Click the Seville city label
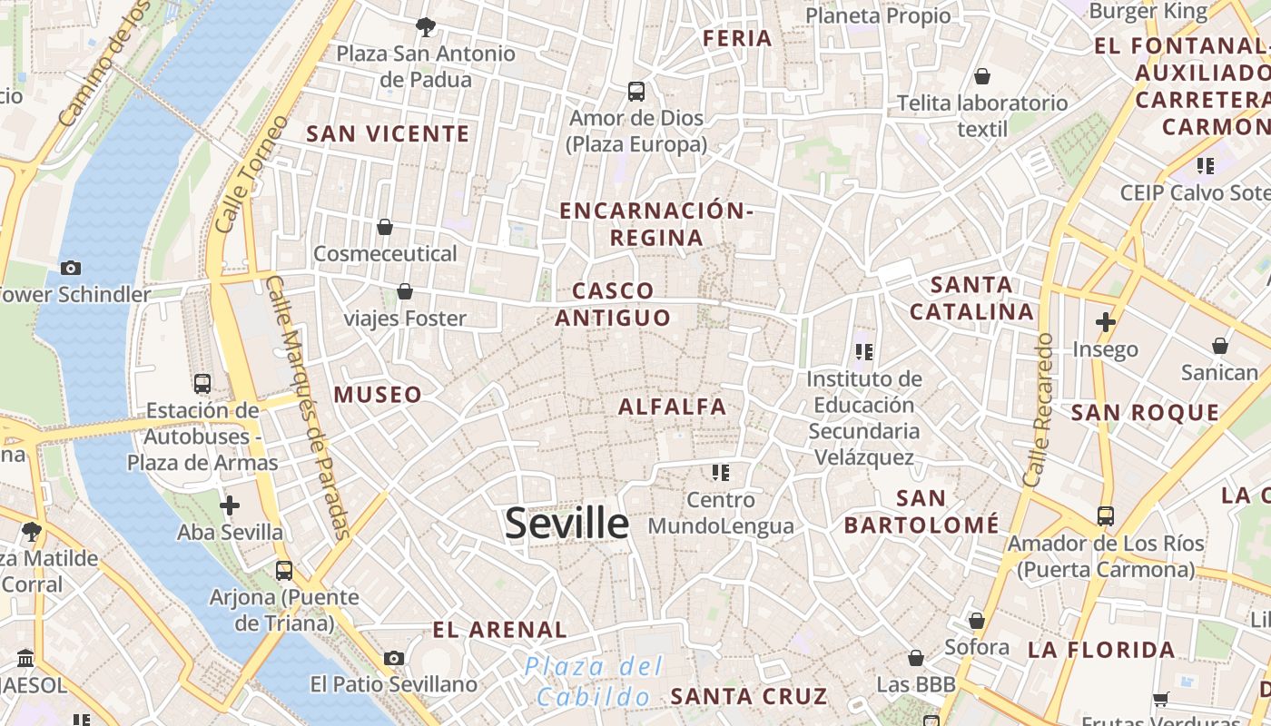click(x=567, y=524)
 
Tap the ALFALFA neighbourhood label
click(x=672, y=407)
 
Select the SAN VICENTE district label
click(x=388, y=134)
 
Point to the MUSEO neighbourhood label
click(x=378, y=395)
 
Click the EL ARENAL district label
click(x=499, y=630)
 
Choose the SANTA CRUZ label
click(x=749, y=697)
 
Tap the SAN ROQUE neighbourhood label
click(x=1146, y=413)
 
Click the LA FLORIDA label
click(x=1101, y=650)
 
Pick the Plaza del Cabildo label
click(x=595, y=682)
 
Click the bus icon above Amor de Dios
click(x=635, y=92)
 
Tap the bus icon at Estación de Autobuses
click(x=202, y=384)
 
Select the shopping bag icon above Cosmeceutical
click(x=385, y=227)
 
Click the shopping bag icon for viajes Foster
click(x=405, y=291)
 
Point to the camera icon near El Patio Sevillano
click(x=393, y=658)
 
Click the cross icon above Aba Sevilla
click(x=230, y=505)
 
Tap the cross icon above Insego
click(x=1105, y=322)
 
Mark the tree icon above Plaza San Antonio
click(x=425, y=27)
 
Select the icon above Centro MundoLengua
click(x=721, y=472)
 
